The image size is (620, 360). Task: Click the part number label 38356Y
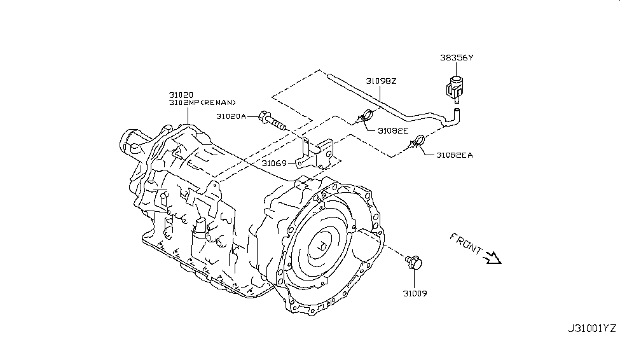[457, 58]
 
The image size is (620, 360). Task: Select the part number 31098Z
[381, 81]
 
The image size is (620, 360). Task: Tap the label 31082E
[392, 130]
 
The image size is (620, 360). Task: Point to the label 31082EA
[454, 155]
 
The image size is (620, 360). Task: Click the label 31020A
[231, 116]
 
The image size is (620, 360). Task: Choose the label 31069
[273, 163]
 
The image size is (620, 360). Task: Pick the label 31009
[415, 294]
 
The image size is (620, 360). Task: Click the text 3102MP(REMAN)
[202, 102]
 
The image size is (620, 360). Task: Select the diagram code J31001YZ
[592, 328]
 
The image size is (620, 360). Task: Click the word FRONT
[465, 244]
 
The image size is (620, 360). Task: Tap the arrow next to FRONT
[493, 258]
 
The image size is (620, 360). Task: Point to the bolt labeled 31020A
[272, 121]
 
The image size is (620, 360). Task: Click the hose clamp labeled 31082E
[365, 116]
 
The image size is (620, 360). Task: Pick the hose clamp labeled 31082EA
[417, 142]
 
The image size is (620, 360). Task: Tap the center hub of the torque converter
[322, 246]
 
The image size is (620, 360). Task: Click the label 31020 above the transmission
[181, 95]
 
